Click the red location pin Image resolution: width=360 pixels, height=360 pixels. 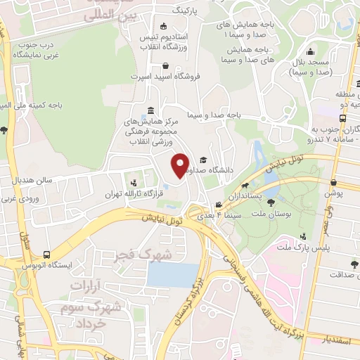[180, 165]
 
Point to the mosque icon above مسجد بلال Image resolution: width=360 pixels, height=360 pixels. [309, 51]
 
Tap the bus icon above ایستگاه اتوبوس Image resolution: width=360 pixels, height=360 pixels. [46, 255]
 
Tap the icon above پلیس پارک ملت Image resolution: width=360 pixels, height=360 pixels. [303, 236]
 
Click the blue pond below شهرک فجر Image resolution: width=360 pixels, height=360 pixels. [173, 274]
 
